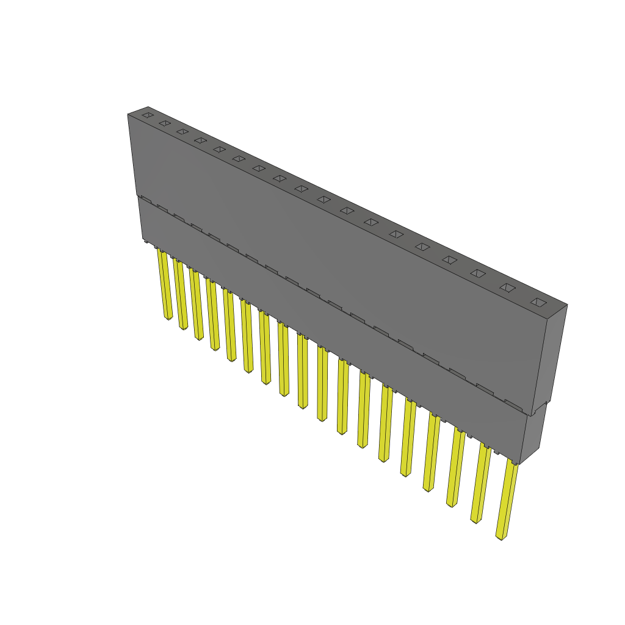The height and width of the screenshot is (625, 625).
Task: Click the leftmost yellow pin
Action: [x=164, y=284]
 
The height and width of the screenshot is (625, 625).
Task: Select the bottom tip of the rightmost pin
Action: [x=500, y=538]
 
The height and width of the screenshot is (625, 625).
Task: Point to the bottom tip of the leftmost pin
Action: [x=168, y=317]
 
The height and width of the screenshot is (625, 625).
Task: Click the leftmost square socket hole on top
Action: [x=147, y=114]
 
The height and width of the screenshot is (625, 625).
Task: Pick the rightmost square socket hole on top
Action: [x=538, y=302]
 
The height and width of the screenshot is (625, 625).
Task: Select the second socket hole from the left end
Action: [x=164, y=123]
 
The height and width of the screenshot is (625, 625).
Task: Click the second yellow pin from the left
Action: [x=180, y=294]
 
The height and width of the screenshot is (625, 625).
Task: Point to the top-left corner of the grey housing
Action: [x=128, y=114]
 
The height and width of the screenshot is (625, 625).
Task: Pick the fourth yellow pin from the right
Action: [x=433, y=452]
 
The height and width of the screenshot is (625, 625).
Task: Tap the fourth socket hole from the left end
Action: [x=200, y=140]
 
